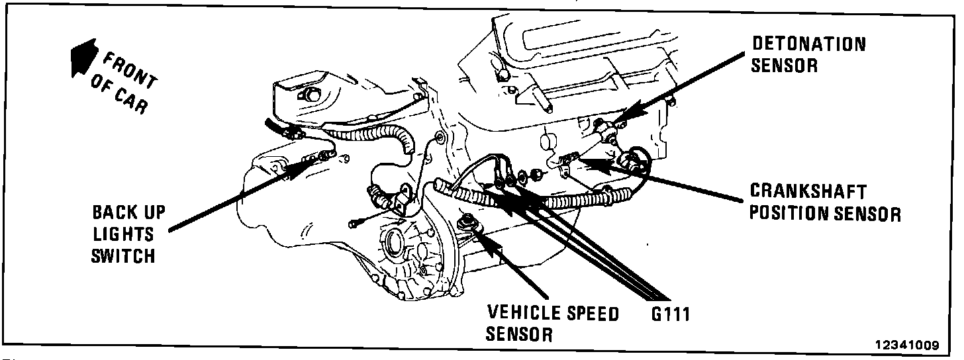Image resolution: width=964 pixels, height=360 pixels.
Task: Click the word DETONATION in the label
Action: (x=808, y=44)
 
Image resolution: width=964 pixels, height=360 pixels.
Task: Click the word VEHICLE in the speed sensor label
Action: (x=524, y=313)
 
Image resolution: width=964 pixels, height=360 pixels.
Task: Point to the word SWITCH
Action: (x=123, y=255)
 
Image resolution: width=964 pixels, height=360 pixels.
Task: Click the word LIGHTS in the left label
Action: (x=123, y=234)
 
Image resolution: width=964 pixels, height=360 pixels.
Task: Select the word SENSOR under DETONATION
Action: (x=785, y=66)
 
